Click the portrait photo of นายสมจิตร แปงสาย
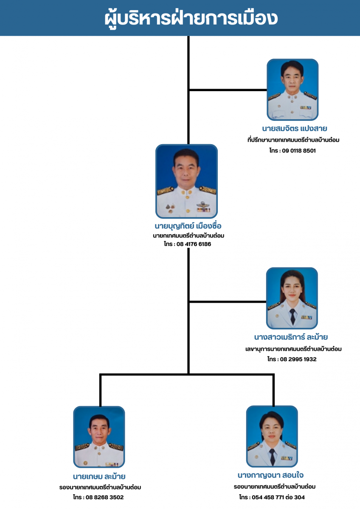pyautogui.click(x=292, y=89)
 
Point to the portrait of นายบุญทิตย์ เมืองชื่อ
pyautogui.click(x=186, y=182)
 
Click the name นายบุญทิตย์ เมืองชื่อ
pyautogui.click(x=188, y=226)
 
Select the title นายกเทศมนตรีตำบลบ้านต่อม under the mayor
pyautogui.click(x=188, y=235)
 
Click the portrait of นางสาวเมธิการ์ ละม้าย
pyautogui.click(x=292, y=298)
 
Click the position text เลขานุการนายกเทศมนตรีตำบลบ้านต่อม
pyautogui.click(x=293, y=349)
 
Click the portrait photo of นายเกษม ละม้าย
pyautogui.click(x=99, y=437)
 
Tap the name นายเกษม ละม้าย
pyautogui.click(x=99, y=476)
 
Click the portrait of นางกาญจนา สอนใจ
pyautogui.click(x=272, y=436)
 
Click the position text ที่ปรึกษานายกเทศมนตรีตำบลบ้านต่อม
pyautogui.click(x=293, y=140)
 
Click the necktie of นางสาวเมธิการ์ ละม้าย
pyautogui.click(x=292, y=316)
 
